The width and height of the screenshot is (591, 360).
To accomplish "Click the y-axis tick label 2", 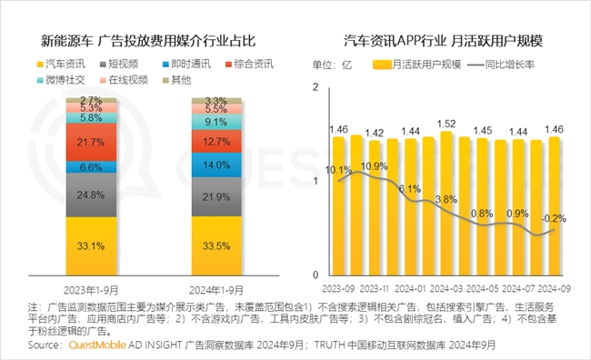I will tap(315, 87).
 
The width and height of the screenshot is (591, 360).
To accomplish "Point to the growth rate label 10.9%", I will tap(374, 166).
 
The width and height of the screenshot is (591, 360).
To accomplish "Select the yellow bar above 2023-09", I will tap(339, 205).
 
